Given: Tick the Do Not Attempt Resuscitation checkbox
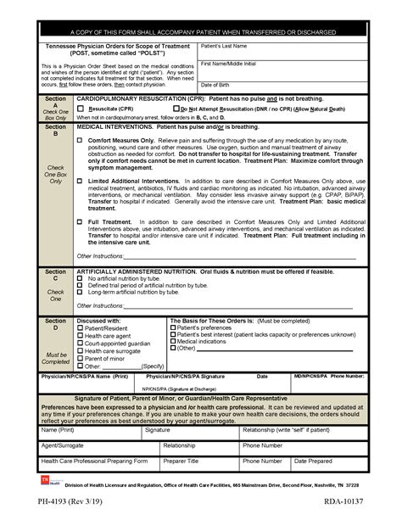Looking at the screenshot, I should [x=175, y=109].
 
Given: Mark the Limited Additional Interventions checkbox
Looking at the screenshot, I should [x=81, y=182].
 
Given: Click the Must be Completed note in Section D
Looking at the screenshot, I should [x=55, y=358].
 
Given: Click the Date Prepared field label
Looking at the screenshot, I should [x=315, y=461].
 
